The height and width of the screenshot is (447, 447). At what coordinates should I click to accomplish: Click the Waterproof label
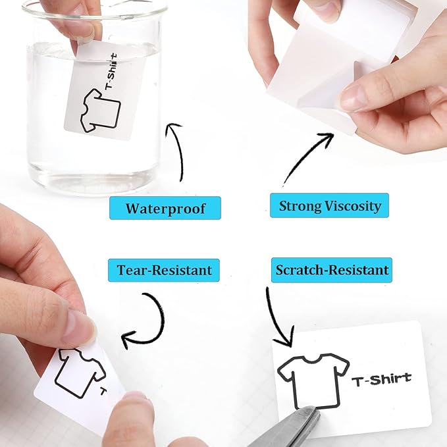[x=165, y=209]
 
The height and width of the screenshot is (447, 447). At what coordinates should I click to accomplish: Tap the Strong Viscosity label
[x=329, y=206]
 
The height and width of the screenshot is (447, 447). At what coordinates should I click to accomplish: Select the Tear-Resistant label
[x=164, y=269]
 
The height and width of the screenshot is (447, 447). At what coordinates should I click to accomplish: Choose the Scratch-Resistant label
[x=332, y=269]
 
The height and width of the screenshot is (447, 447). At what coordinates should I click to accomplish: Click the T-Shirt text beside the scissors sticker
[x=381, y=379]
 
